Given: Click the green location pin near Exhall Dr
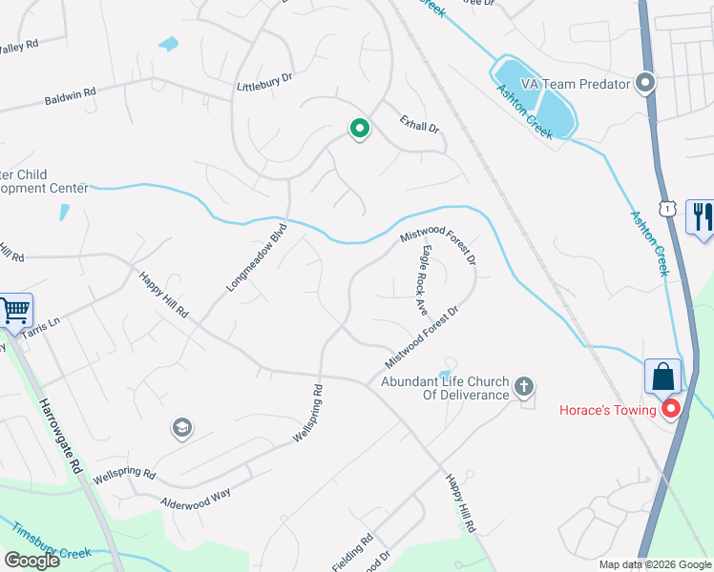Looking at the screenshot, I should [x=359, y=128].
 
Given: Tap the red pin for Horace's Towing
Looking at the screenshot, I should [x=670, y=409].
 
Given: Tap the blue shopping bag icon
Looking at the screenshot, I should [x=662, y=377].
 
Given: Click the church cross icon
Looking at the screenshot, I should [x=522, y=387].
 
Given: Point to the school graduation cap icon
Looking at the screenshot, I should [x=180, y=428].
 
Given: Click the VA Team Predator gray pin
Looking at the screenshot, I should [x=646, y=84].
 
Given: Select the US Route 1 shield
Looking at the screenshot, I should [x=667, y=208].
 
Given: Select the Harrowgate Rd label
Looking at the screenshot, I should [x=60, y=431].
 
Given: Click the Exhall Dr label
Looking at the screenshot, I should [x=418, y=122].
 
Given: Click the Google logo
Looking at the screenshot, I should [x=31, y=561].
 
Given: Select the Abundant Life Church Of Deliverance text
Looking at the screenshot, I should [x=444, y=388].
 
